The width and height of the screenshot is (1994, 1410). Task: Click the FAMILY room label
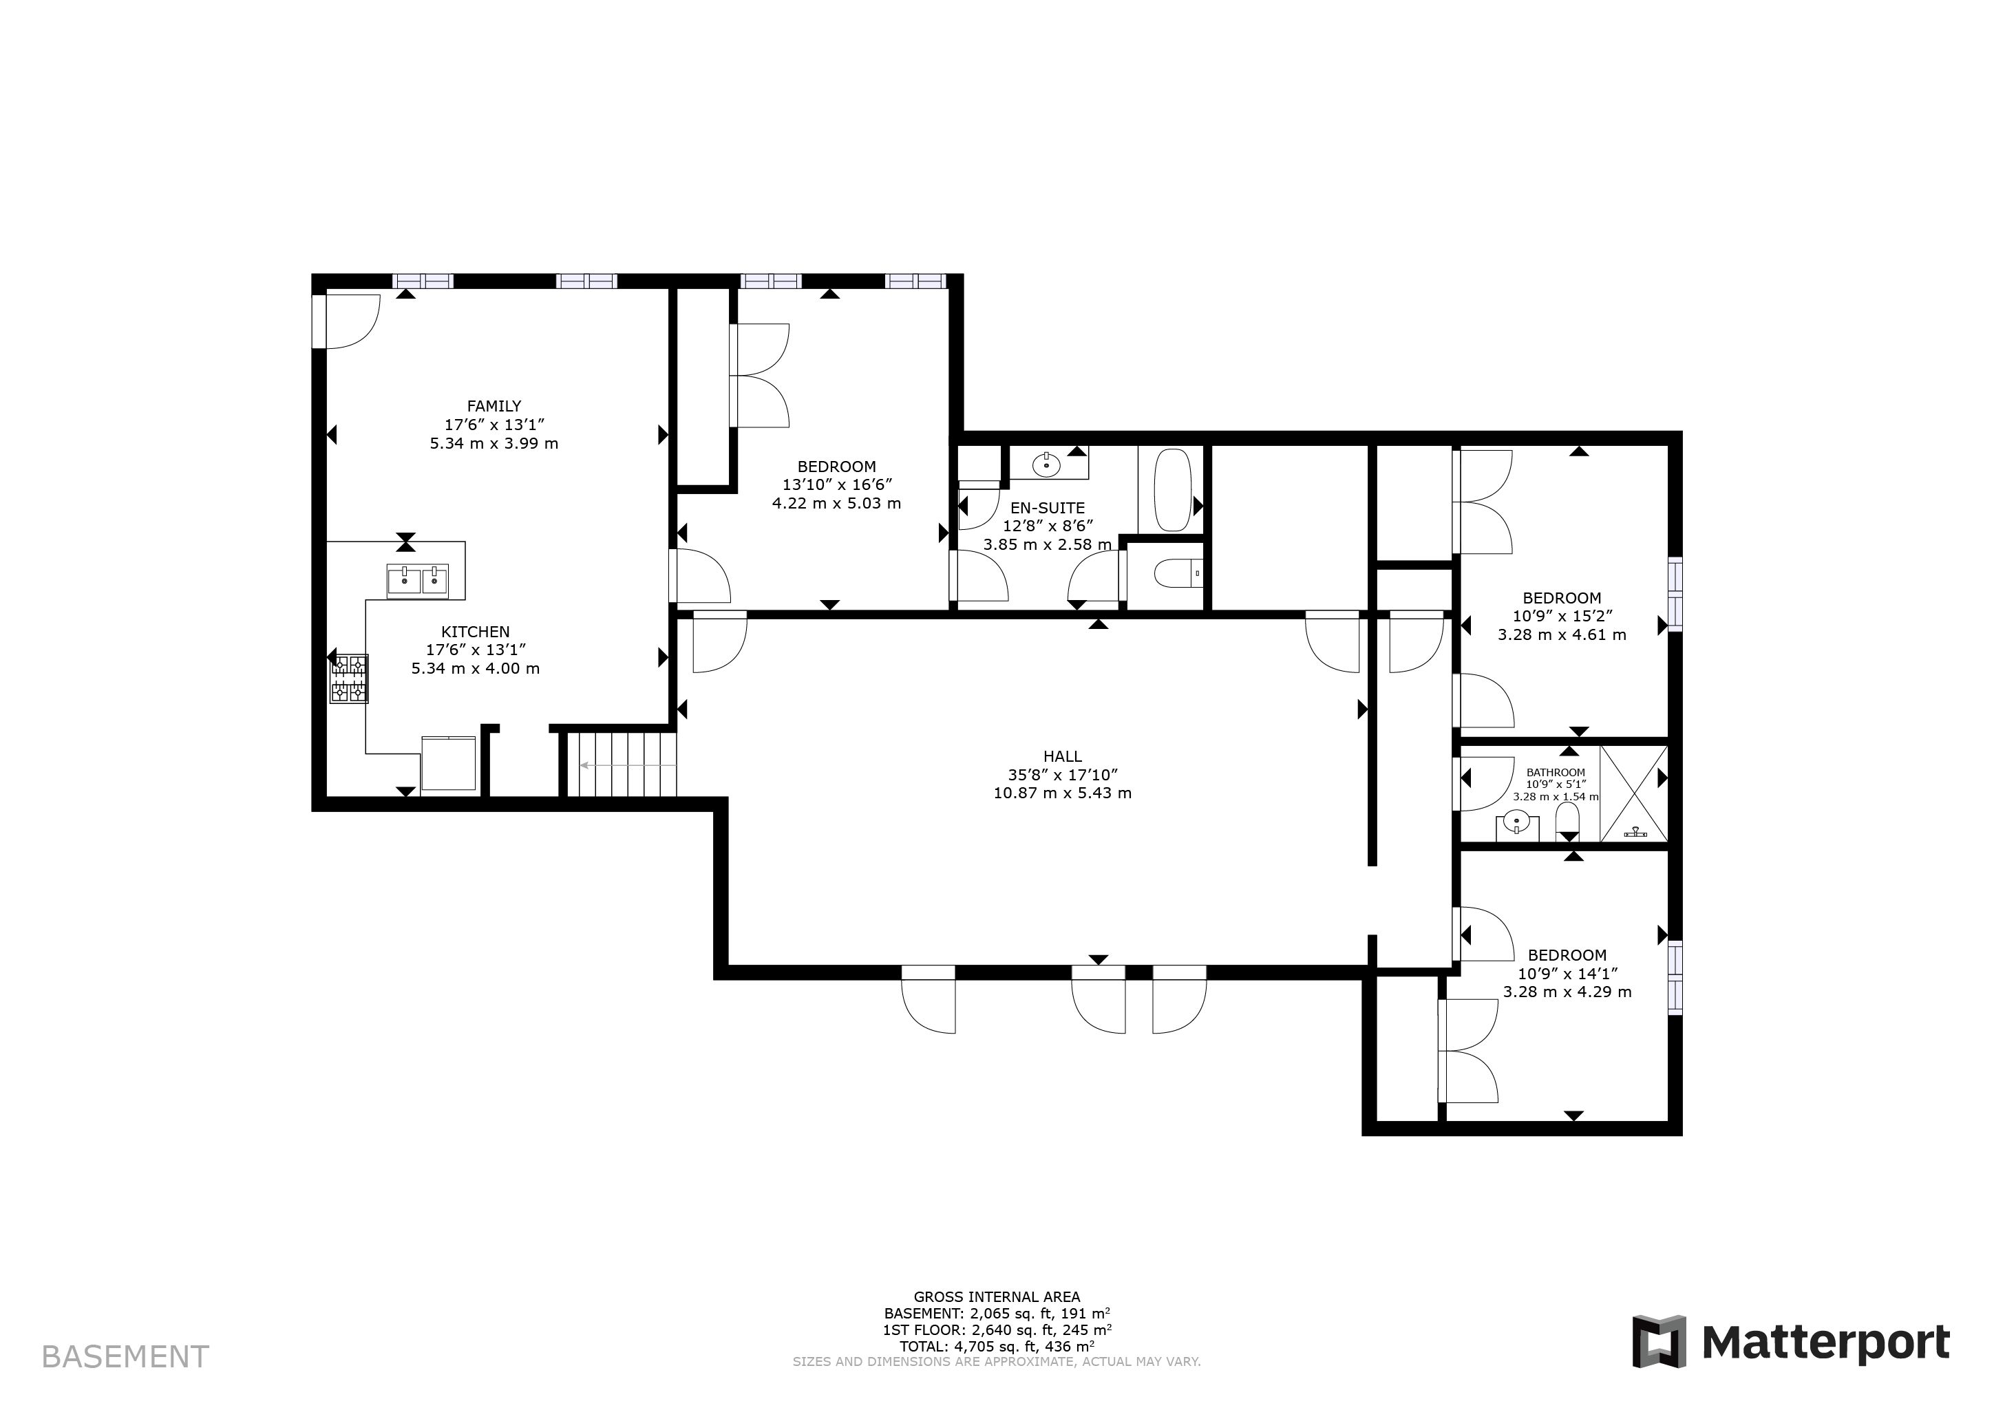click(494, 405)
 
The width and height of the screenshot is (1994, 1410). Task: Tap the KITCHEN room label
click(475, 632)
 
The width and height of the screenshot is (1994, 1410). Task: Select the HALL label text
click(1063, 756)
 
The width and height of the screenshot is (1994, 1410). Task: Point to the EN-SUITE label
click(1048, 508)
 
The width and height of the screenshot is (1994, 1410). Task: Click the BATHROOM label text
click(1556, 772)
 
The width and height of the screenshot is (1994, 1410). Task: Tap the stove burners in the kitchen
click(349, 679)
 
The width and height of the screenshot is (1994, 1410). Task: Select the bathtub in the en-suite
click(1171, 490)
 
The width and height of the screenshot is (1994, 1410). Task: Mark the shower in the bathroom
click(1633, 793)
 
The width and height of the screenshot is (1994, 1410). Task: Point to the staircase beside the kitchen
click(617, 765)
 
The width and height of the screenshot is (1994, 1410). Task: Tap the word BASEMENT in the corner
click(125, 1356)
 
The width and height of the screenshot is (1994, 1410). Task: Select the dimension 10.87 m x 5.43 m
click(1063, 793)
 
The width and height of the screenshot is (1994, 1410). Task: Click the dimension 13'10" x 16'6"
click(837, 484)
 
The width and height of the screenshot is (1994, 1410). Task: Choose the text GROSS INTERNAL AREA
click(997, 1297)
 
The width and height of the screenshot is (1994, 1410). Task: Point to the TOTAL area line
click(997, 1347)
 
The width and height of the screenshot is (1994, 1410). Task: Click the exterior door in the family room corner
click(346, 321)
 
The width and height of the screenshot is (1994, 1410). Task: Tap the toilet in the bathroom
click(1567, 822)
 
